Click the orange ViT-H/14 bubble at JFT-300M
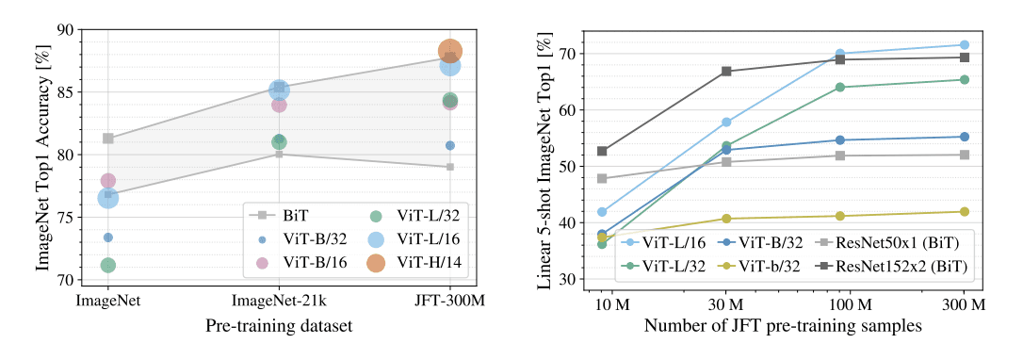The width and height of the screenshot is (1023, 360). (449, 51)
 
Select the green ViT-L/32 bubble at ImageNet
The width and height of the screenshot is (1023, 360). (108, 265)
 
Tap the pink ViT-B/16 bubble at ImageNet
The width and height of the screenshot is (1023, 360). (108, 180)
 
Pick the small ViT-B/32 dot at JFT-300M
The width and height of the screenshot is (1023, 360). (450, 145)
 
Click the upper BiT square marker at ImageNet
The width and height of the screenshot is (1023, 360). (108, 139)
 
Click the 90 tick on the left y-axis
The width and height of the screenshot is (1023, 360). (66, 30)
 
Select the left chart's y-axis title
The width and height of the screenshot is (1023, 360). (43, 155)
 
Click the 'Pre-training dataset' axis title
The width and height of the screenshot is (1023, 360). (279, 326)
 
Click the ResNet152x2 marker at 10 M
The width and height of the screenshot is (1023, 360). (602, 151)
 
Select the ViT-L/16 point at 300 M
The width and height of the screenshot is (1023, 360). (964, 44)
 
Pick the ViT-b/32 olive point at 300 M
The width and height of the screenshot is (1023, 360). (964, 212)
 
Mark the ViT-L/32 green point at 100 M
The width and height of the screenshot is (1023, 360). (839, 87)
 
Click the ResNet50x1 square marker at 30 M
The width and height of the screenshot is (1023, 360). (726, 161)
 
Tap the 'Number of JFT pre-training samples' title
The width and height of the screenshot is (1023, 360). (783, 326)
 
